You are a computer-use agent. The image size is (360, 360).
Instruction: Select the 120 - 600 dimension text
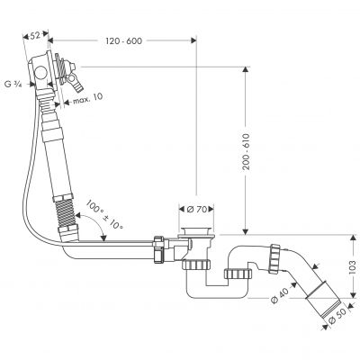point(128,40)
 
